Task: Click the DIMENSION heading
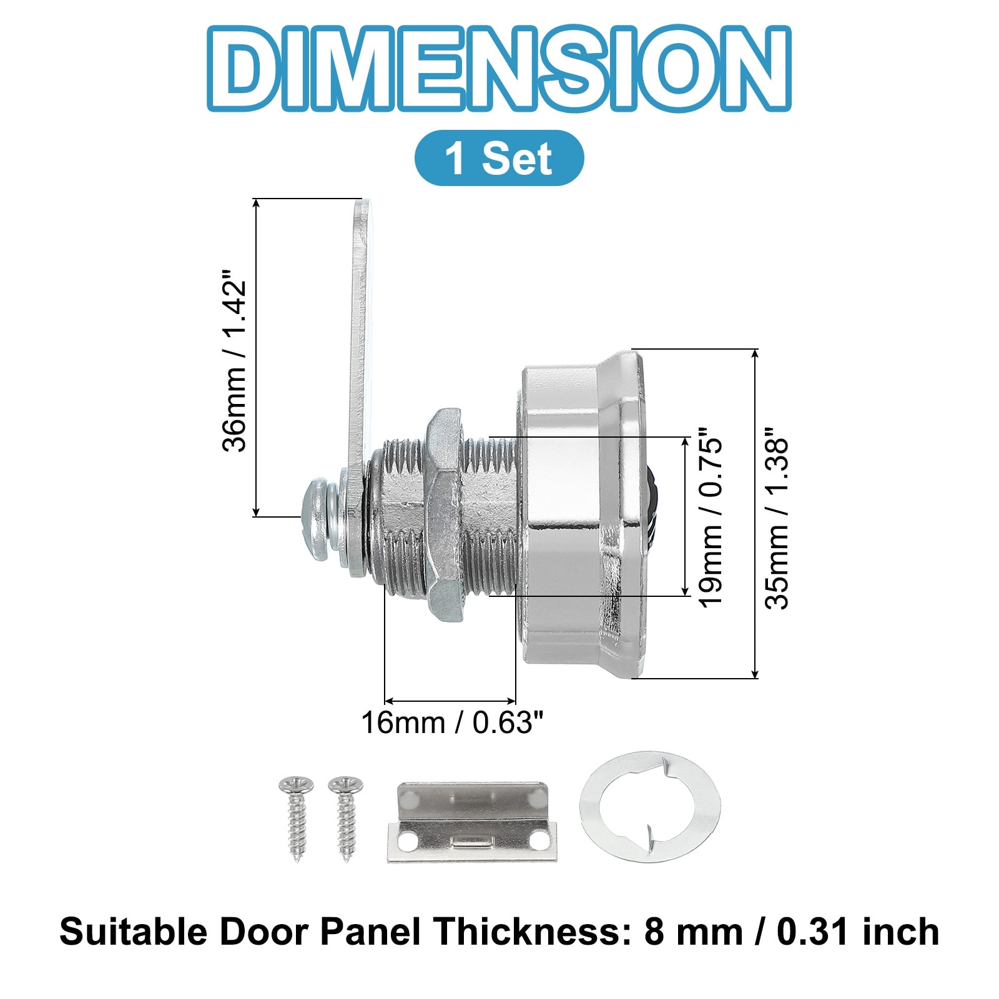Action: tap(499, 69)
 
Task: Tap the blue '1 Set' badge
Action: tap(499, 158)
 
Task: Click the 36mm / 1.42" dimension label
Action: tap(235, 360)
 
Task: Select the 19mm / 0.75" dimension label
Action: tap(710, 517)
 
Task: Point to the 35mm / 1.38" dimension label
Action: tap(778, 517)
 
